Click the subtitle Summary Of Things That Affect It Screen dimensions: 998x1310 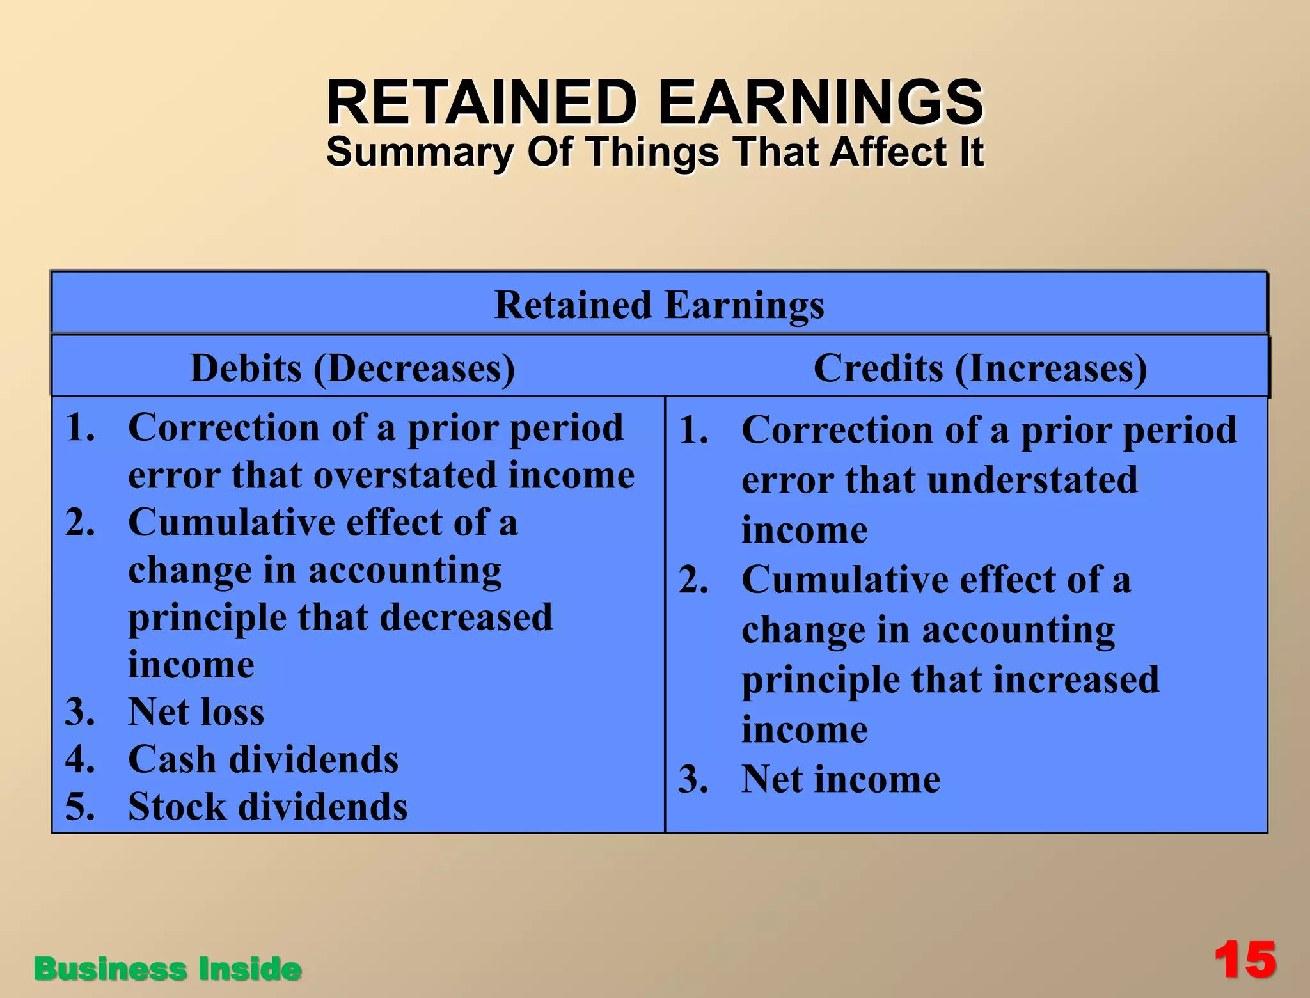click(655, 152)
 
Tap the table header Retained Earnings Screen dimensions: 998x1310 click(659, 305)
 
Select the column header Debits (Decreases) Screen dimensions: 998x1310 click(352, 368)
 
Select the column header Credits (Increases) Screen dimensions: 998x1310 click(980, 368)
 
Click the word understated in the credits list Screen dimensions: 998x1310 click(1032, 480)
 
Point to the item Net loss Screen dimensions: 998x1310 click(196, 711)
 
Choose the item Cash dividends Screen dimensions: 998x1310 click(263, 759)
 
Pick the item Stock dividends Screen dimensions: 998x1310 click(267, 807)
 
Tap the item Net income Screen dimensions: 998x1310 click(840, 780)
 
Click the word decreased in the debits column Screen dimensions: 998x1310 click(466, 617)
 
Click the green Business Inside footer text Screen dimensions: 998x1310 click(168, 969)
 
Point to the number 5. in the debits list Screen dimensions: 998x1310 click(80, 807)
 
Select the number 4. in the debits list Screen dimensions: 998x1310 click(80, 759)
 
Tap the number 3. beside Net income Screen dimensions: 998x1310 click(693, 780)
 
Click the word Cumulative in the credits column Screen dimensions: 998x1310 click(844, 580)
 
